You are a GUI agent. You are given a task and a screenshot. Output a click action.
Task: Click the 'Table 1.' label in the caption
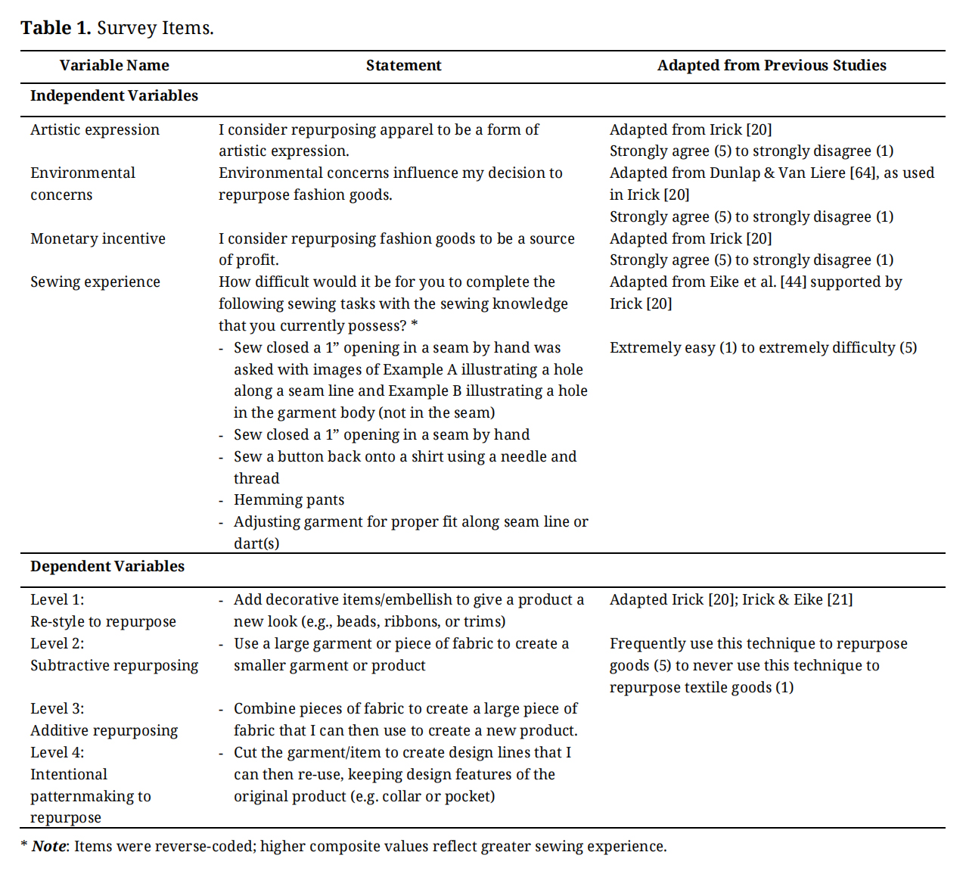[55, 28]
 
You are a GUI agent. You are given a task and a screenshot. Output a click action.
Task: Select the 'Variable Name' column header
[114, 65]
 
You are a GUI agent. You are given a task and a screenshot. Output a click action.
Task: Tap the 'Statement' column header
[403, 65]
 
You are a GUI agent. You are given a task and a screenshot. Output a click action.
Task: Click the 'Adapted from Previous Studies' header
[771, 65]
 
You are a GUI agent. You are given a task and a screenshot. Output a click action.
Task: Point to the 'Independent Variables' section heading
[113, 95]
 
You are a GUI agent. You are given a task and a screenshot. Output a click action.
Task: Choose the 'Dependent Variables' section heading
[107, 566]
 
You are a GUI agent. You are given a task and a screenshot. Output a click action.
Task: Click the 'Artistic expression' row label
[95, 129]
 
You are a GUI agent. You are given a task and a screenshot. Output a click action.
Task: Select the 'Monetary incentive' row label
[98, 238]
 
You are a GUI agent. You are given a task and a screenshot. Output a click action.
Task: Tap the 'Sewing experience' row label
[95, 281]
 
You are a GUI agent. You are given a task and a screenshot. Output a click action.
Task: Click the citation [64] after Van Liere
[862, 173]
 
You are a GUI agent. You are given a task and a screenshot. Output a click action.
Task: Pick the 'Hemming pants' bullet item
[288, 499]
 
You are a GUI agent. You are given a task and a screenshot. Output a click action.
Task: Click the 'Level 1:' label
[57, 599]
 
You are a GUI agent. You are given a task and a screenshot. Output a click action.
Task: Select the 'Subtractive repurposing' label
[113, 665]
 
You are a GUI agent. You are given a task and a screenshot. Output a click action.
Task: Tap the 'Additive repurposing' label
[104, 730]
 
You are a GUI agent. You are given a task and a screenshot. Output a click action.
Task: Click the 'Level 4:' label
[57, 752]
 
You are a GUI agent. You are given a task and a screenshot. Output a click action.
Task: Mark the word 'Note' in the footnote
[49, 846]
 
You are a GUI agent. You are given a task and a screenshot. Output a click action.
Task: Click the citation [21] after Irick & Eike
[840, 599]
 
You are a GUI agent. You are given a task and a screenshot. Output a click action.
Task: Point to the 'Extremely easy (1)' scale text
[672, 347]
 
